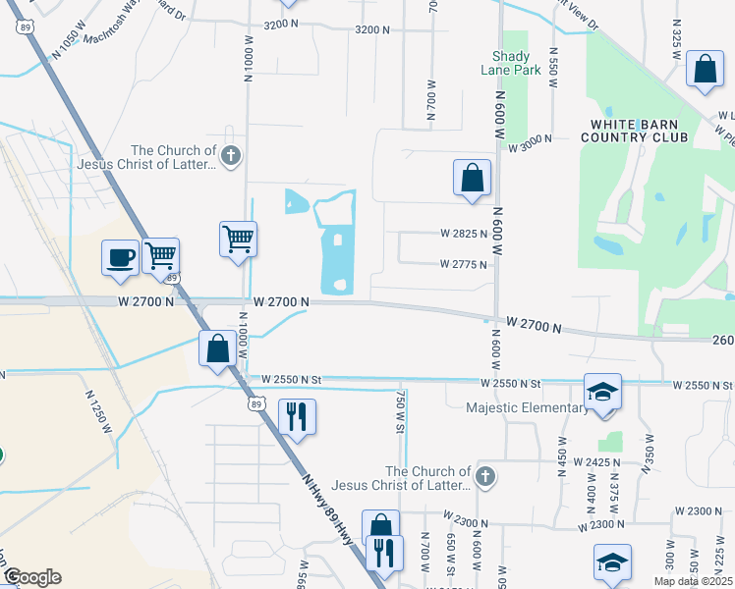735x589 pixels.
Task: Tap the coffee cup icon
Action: point(121,257)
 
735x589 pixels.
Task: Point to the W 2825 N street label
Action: point(464,235)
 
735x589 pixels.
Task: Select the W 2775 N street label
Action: point(464,264)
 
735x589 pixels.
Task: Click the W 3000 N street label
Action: point(532,147)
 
